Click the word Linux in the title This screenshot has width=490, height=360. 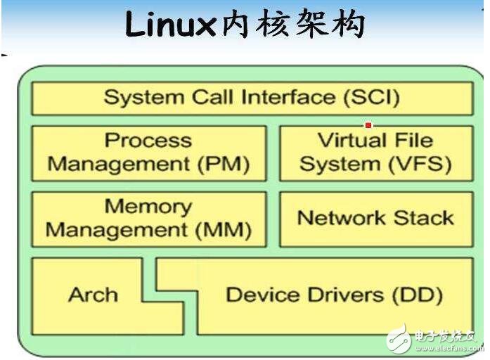tap(169, 27)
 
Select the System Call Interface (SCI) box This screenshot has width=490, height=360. tap(252, 98)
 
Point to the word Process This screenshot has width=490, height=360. tap(148, 141)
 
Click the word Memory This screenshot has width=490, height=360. tap(148, 207)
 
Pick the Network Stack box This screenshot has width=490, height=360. tap(375, 218)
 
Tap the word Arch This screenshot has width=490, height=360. tap(93, 295)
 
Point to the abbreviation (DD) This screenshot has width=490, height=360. tap(413, 295)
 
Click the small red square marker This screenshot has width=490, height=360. tap(368, 125)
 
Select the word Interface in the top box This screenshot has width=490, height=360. tap(286, 98)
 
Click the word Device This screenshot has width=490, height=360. tap(257, 295)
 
